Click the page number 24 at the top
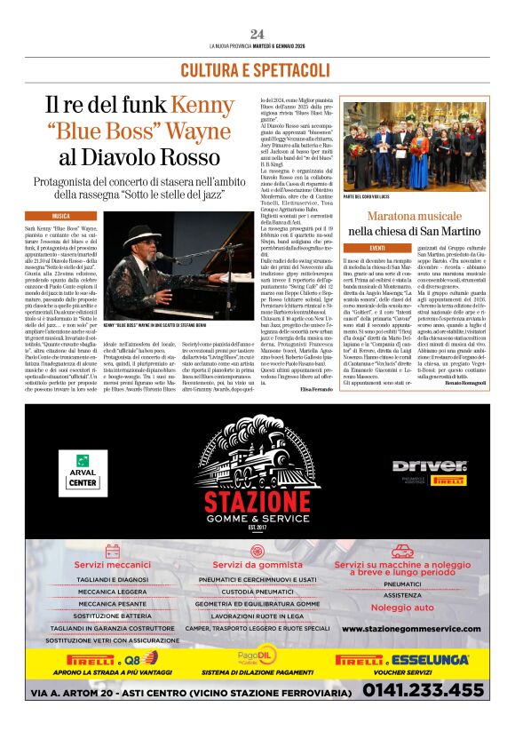click(x=257, y=34)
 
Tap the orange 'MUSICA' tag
click(x=61, y=216)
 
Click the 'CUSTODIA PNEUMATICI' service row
click(x=257, y=591)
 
